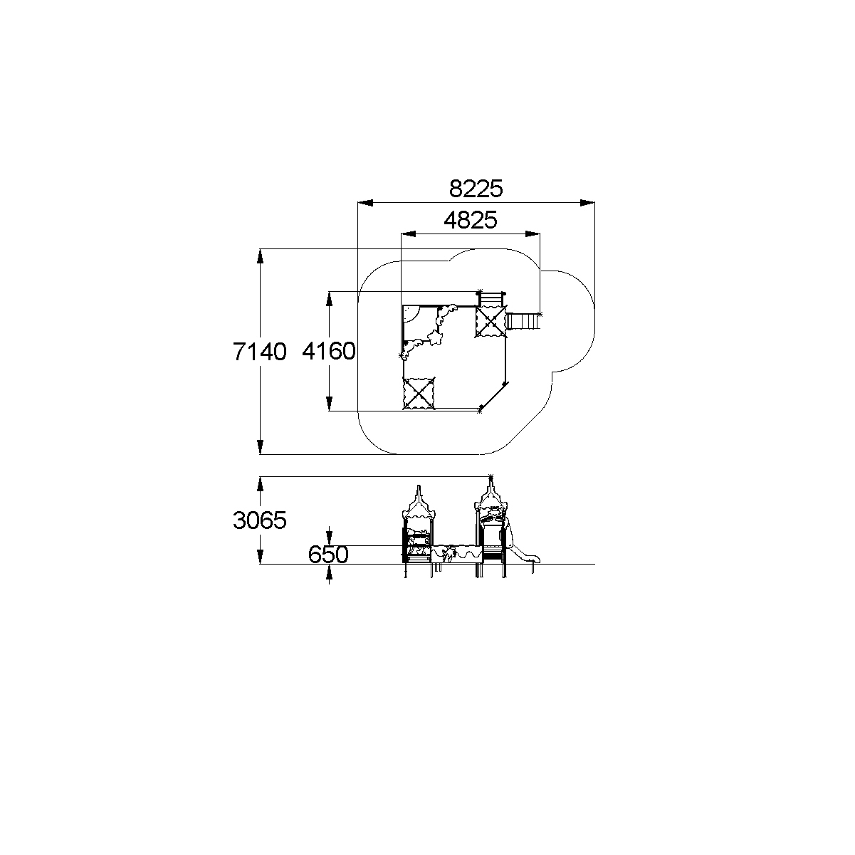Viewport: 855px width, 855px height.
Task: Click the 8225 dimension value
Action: tap(476, 189)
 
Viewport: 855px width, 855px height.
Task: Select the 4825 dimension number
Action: tap(471, 220)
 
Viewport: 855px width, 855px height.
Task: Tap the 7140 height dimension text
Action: tap(260, 352)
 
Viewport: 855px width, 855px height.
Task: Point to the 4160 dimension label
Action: tap(329, 351)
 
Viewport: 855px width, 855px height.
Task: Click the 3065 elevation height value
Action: tap(260, 520)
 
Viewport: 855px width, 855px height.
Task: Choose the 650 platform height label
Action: tap(328, 554)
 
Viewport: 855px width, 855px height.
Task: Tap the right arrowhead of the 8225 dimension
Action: tap(587, 203)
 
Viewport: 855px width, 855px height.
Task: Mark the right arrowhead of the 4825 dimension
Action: tap(533, 234)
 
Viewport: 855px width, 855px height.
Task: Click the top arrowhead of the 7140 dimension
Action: tap(260, 256)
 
